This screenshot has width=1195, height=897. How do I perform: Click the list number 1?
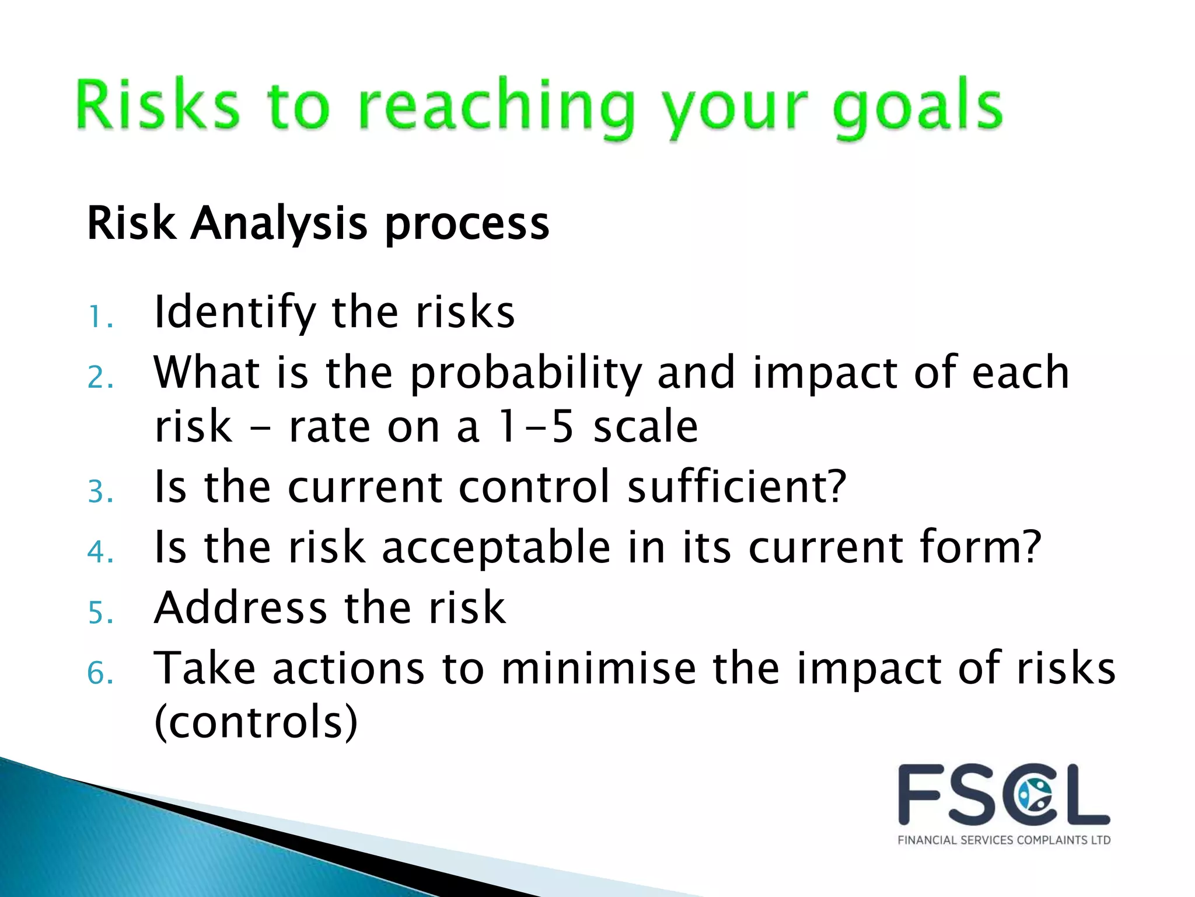point(99,318)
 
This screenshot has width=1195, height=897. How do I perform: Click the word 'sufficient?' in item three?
point(736,487)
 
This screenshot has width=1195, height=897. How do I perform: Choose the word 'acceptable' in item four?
point(496,548)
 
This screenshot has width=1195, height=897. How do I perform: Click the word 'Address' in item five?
point(240,608)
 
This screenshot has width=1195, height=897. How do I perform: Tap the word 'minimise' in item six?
point(599,668)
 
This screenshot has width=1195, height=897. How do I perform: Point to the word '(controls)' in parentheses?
point(256,723)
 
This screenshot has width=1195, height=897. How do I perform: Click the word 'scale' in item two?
point(645,426)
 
